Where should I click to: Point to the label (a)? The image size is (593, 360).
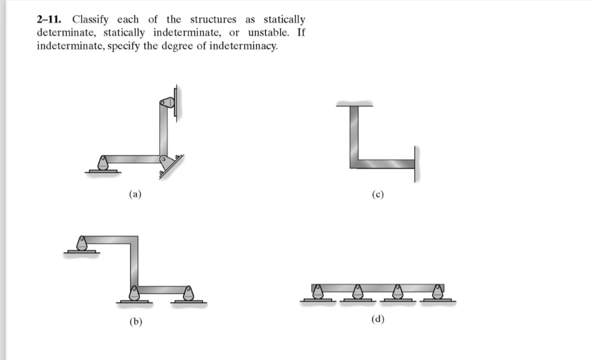(135, 195)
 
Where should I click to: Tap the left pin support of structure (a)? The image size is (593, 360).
(103, 164)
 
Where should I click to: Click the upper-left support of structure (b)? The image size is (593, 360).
(82, 244)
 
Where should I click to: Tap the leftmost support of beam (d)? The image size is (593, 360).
(318, 293)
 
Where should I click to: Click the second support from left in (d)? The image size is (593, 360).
(357, 293)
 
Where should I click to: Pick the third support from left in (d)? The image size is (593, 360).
(398, 293)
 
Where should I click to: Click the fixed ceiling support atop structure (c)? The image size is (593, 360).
(355, 104)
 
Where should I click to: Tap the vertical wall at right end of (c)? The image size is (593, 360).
(416, 164)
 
